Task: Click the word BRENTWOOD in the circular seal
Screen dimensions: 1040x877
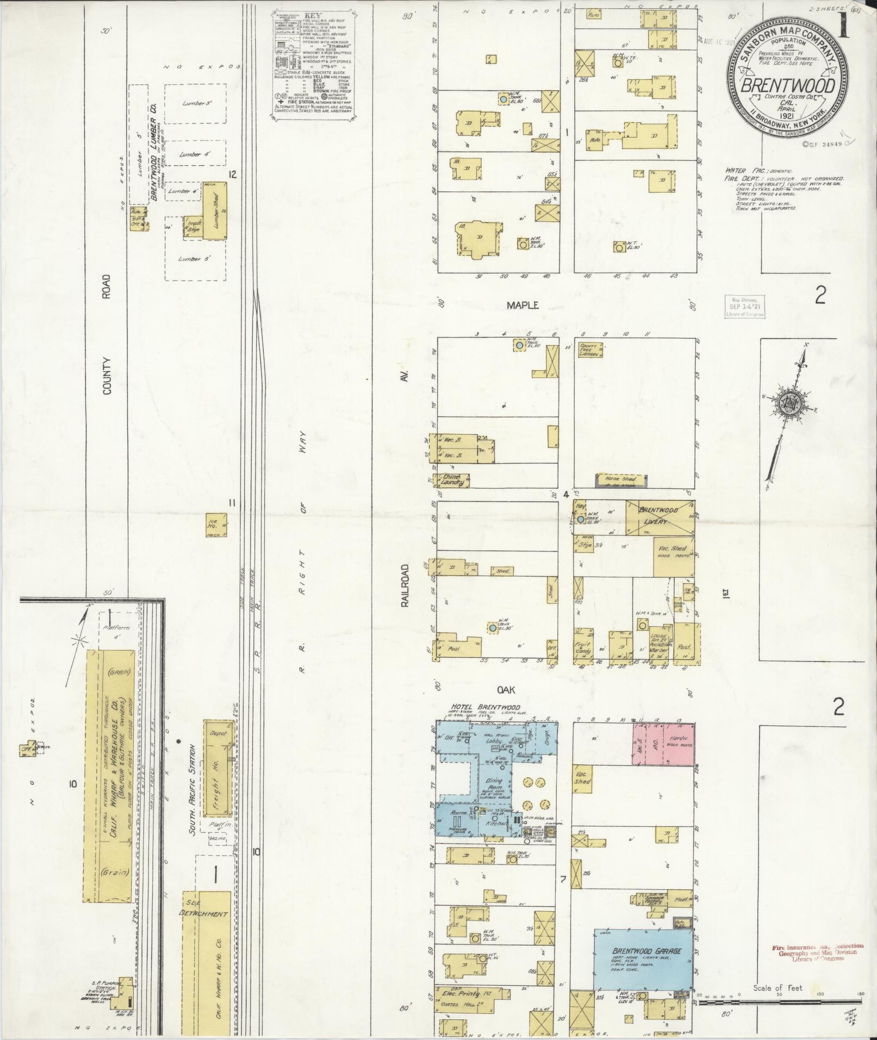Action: tap(788, 86)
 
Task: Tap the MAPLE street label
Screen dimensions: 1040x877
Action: tap(523, 306)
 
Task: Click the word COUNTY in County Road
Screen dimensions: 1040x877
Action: tap(105, 369)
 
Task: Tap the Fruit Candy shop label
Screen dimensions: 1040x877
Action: tap(583, 647)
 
